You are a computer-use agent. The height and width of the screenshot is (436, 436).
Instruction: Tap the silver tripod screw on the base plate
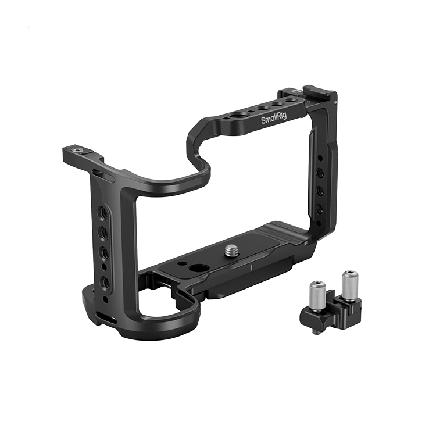(x=231, y=250)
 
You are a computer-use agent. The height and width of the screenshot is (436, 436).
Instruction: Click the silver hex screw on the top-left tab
(x=77, y=151)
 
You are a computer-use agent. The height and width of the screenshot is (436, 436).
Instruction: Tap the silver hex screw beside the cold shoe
(x=296, y=91)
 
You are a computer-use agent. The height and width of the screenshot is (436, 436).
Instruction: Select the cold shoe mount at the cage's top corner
(x=319, y=92)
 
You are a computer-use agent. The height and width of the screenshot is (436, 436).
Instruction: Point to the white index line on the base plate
(x=251, y=267)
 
